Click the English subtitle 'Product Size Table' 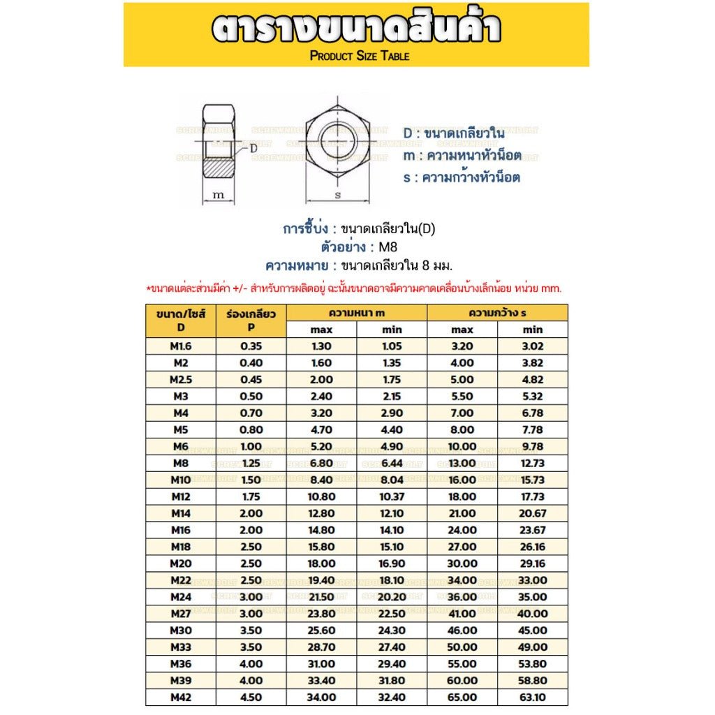coord(360,56)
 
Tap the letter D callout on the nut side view coord(253,148)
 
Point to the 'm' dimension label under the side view coord(219,195)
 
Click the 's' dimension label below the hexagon coord(338,196)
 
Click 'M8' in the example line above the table coord(388,247)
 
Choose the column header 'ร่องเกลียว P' coord(251,320)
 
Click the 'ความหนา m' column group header coord(357,313)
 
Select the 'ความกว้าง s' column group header coord(497,313)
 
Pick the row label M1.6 coord(181,346)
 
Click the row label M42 coord(181,697)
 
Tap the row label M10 coord(181,480)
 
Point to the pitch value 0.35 coord(251,346)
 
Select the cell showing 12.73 coord(533,463)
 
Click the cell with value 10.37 coord(392,496)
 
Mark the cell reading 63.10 coord(533,697)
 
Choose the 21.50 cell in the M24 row coord(322,597)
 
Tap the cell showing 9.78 coord(533,446)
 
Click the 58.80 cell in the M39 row coord(533,680)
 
